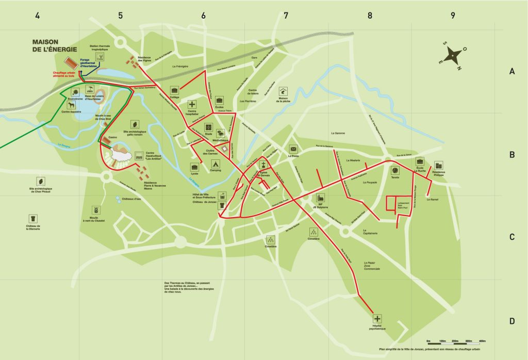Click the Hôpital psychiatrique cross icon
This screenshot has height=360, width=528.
point(377,319)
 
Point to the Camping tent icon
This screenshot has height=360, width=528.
point(216,164)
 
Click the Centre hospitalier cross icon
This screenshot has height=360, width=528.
point(192,105)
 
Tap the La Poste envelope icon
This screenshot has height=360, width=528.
point(293,149)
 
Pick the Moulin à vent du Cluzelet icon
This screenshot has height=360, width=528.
point(94,211)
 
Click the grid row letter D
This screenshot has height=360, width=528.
point(512,321)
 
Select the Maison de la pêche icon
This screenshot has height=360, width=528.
point(283,91)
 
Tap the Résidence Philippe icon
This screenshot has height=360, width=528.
point(438,165)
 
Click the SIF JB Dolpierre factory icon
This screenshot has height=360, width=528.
point(320,198)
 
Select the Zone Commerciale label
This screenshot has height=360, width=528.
point(371,269)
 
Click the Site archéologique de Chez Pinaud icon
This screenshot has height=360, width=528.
point(39,181)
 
